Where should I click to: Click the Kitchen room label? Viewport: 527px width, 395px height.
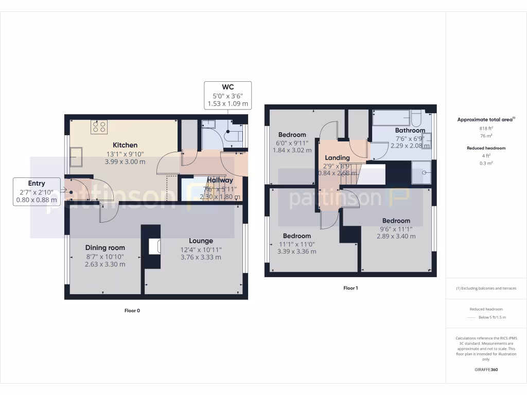pyautogui.click(x=125, y=145)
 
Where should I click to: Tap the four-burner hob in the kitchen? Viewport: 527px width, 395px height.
pyautogui.click(x=99, y=127)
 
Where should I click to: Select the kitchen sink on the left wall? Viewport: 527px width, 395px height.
pyautogui.click(x=76, y=157)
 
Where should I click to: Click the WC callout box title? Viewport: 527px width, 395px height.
pyautogui.click(x=227, y=87)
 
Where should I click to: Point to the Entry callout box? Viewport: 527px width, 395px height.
pyautogui.click(x=37, y=192)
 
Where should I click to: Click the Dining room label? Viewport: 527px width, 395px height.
pyautogui.click(x=105, y=247)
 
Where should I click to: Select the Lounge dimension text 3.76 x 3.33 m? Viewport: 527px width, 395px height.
pyautogui.click(x=201, y=257)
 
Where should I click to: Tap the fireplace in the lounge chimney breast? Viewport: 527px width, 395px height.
pyautogui.click(x=154, y=247)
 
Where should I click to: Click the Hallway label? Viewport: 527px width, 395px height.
pyautogui.click(x=220, y=180)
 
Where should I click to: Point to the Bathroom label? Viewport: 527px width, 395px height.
pyautogui.click(x=410, y=130)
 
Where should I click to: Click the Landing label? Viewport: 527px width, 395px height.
pyautogui.click(x=338, y=157)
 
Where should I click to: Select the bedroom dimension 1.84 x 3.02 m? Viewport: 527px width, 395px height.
pyautogui.click(x=292, y=150)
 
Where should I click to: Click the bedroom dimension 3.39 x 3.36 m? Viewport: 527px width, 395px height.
pyautogui.click(x=296, y=252)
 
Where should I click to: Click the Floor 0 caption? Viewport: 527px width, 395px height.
pyautogui.click(x=132, y=310)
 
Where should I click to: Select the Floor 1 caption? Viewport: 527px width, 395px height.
pyautogui.click(x=350, y=288)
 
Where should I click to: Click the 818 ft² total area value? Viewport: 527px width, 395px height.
pyautogui.click(x=486, y=129)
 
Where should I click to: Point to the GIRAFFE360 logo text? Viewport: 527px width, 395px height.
pyautogui.click(x=486, y=369)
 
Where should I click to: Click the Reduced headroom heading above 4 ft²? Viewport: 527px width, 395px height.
pyautogui.click(x=486, y=148)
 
